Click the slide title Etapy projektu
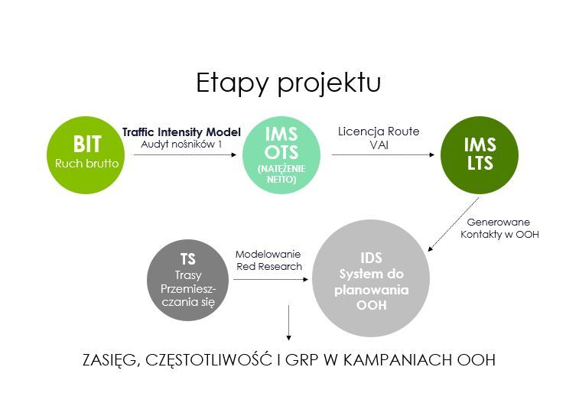pos(288,83)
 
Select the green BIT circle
pos(86,155)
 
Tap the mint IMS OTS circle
pos(281,155)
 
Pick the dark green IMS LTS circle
pos(480,155)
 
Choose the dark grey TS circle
pos(187,280)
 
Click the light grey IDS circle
pos(371,278)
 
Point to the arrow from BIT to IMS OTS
pos(184,154)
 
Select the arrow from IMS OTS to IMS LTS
pos(383,154)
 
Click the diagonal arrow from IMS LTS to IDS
pos(454,225)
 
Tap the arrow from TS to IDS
pos(271,279)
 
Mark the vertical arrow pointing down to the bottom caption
pos(289,323)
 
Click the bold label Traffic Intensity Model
pos(181,132)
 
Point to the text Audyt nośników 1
pos(181,145)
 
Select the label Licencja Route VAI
pos(379,138)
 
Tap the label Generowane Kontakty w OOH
pos(499,228)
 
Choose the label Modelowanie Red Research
pos(268,260)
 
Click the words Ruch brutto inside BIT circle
pos(86,164)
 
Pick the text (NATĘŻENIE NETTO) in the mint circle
pos(281,174)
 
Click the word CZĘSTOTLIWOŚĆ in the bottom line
pos(209,360)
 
